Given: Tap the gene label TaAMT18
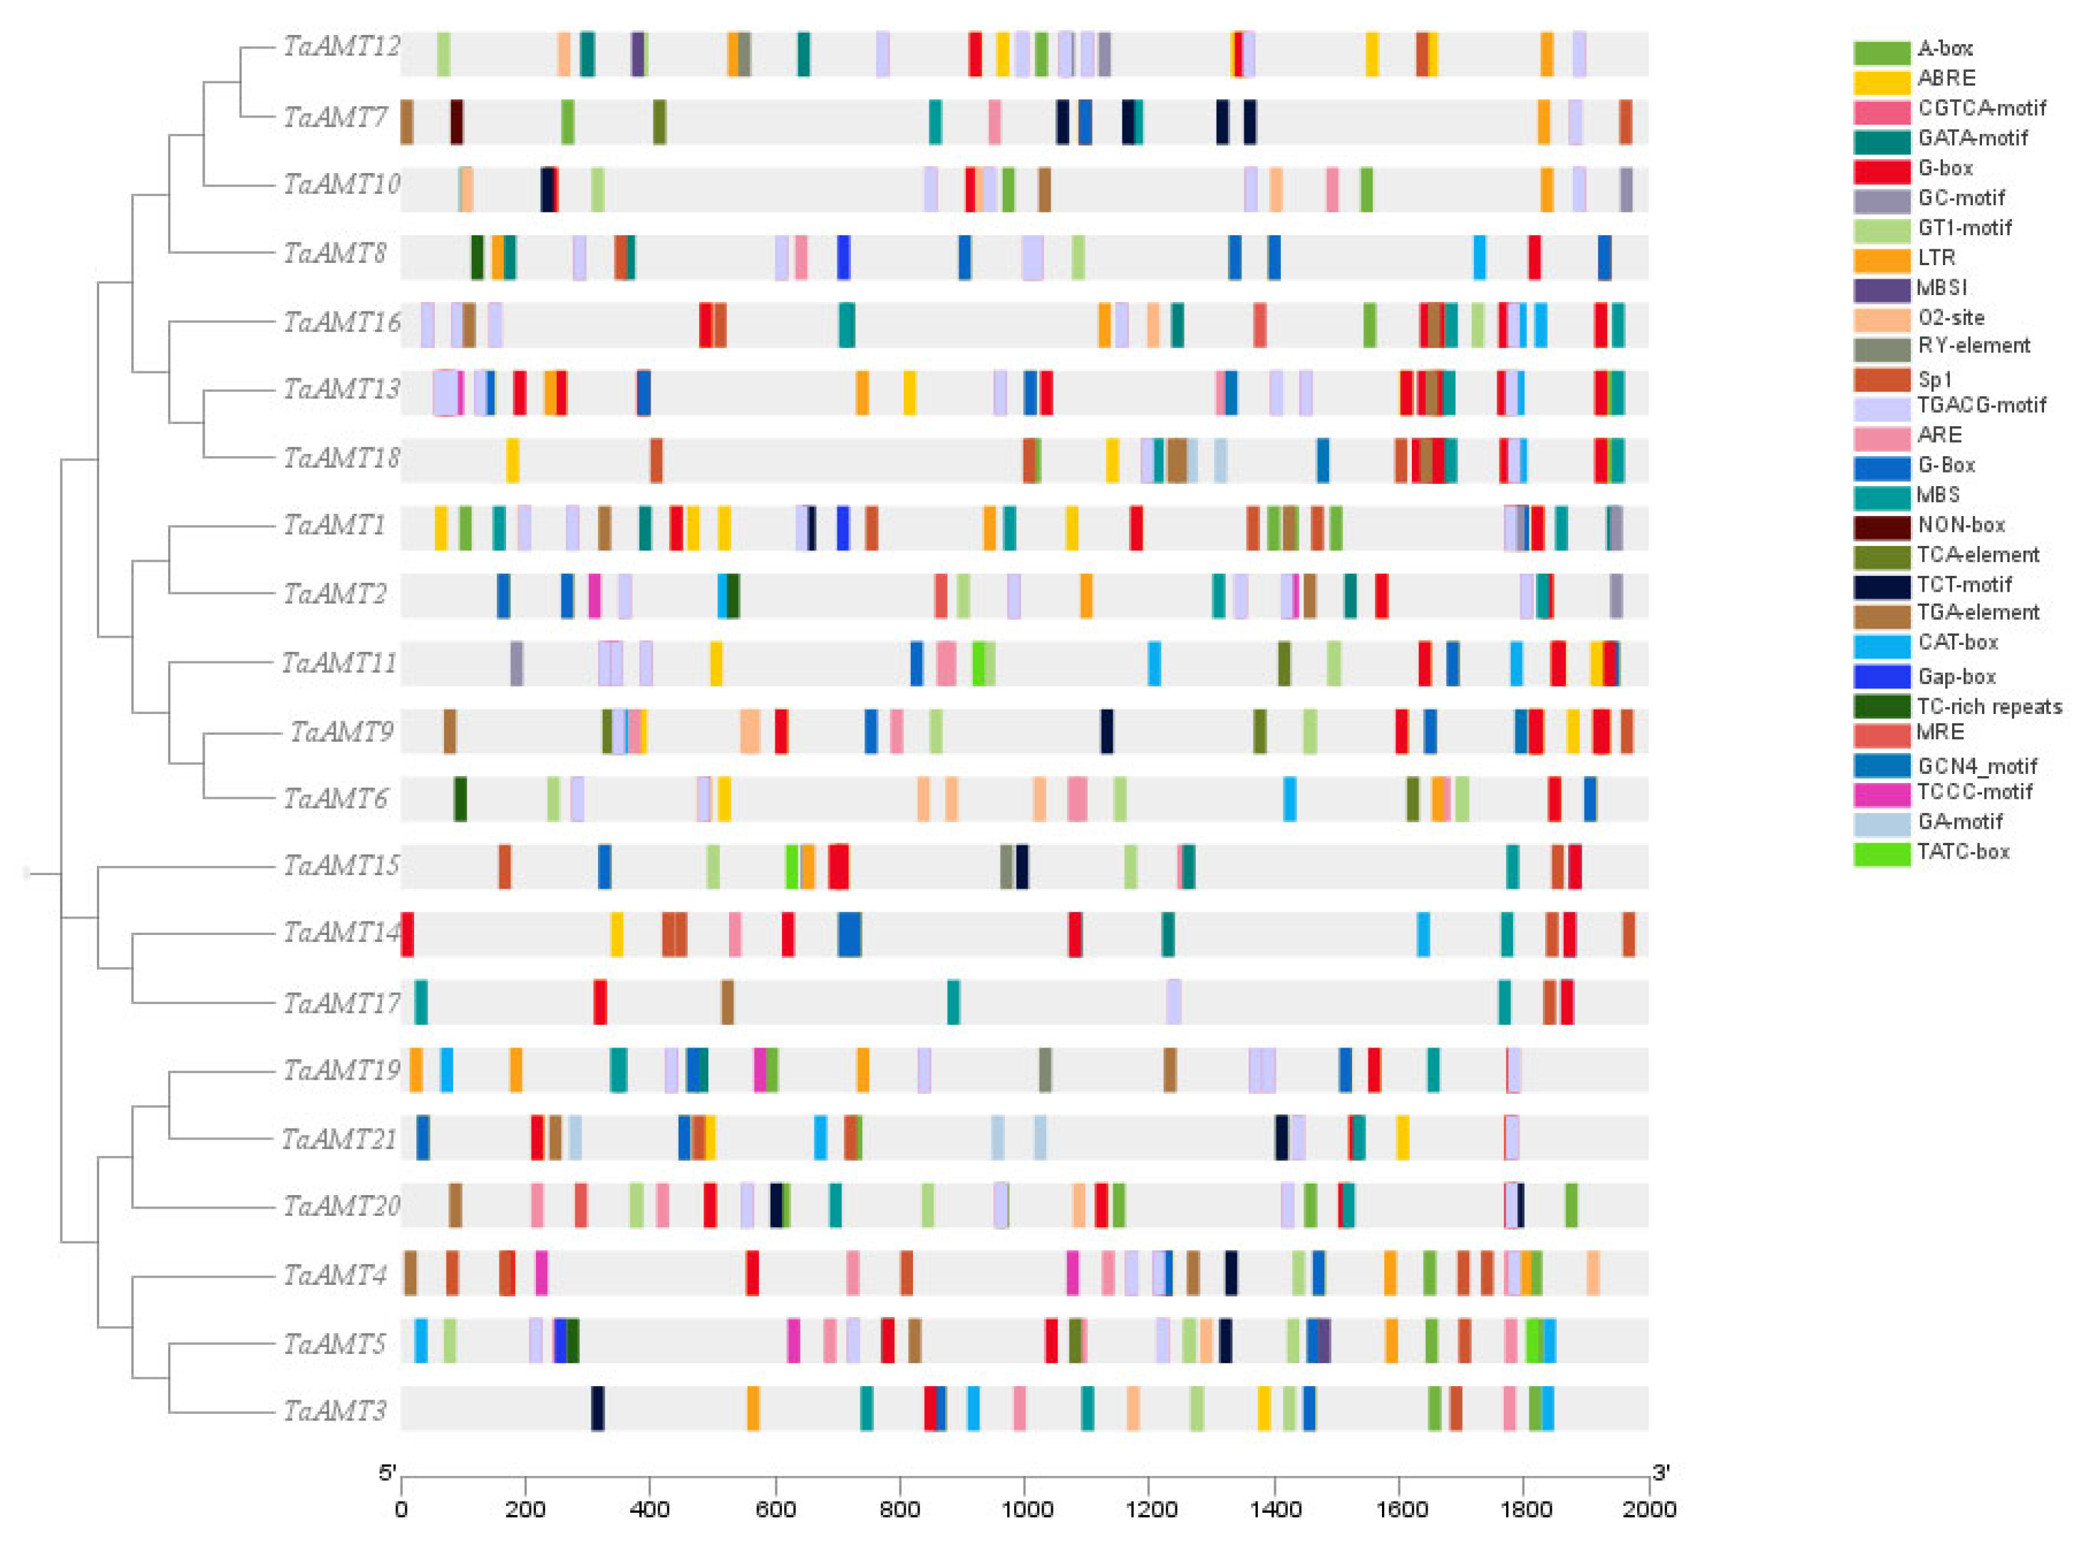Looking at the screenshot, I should (x=341, y=458).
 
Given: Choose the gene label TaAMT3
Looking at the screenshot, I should (x=335, y=1410).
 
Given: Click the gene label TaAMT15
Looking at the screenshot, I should (x=341, y=866).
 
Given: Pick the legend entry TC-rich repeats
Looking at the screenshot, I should (x=1989, y=707).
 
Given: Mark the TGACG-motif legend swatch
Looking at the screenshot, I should (x=1881, y=408).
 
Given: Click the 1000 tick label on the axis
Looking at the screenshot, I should (x=1026, y=1509).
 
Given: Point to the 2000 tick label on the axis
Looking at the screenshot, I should (x=1649, y=1509).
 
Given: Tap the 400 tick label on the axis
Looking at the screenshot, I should (x=650, y=1509).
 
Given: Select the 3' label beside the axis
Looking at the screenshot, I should (x=1660, y=1473).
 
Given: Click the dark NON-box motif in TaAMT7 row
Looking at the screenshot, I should (x=456, y=122).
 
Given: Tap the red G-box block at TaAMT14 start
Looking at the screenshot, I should (x=407, y=934).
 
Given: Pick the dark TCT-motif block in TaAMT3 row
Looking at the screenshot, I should (x=597, y=1408).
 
